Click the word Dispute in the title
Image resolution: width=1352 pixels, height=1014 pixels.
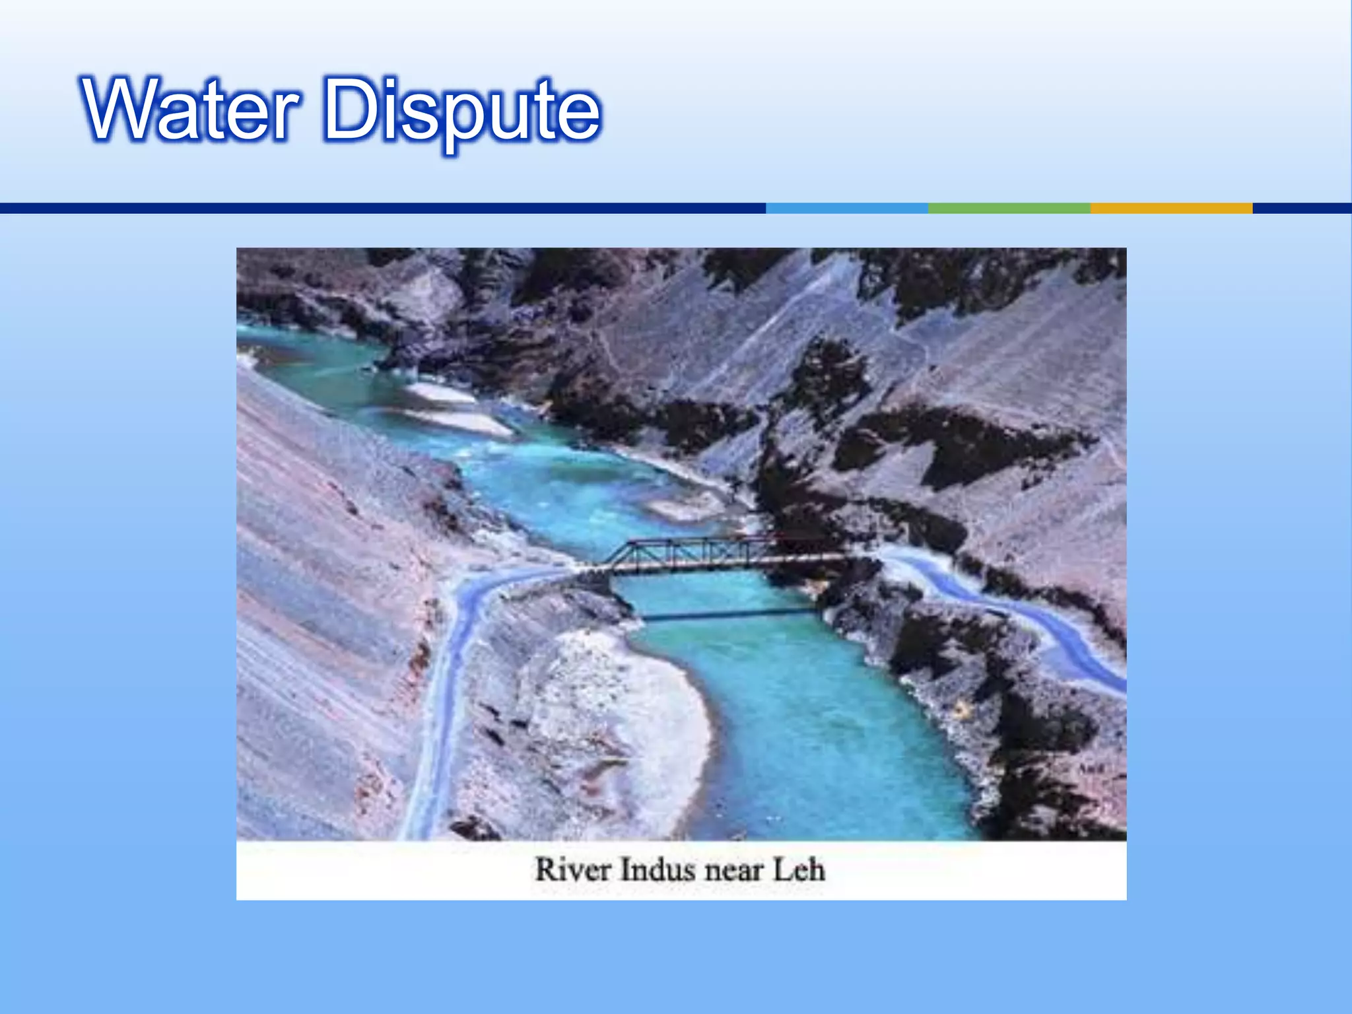pos(462,111)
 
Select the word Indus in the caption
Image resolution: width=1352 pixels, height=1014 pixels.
pos(658,869)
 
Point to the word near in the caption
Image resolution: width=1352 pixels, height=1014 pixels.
pos(733,871)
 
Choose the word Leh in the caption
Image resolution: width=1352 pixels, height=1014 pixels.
pos(799,869)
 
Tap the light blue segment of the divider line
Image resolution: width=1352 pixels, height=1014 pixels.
pos(847,208)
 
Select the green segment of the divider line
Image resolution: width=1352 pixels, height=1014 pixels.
pos(1009,208)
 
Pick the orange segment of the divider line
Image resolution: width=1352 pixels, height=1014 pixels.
pos(1170,208)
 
